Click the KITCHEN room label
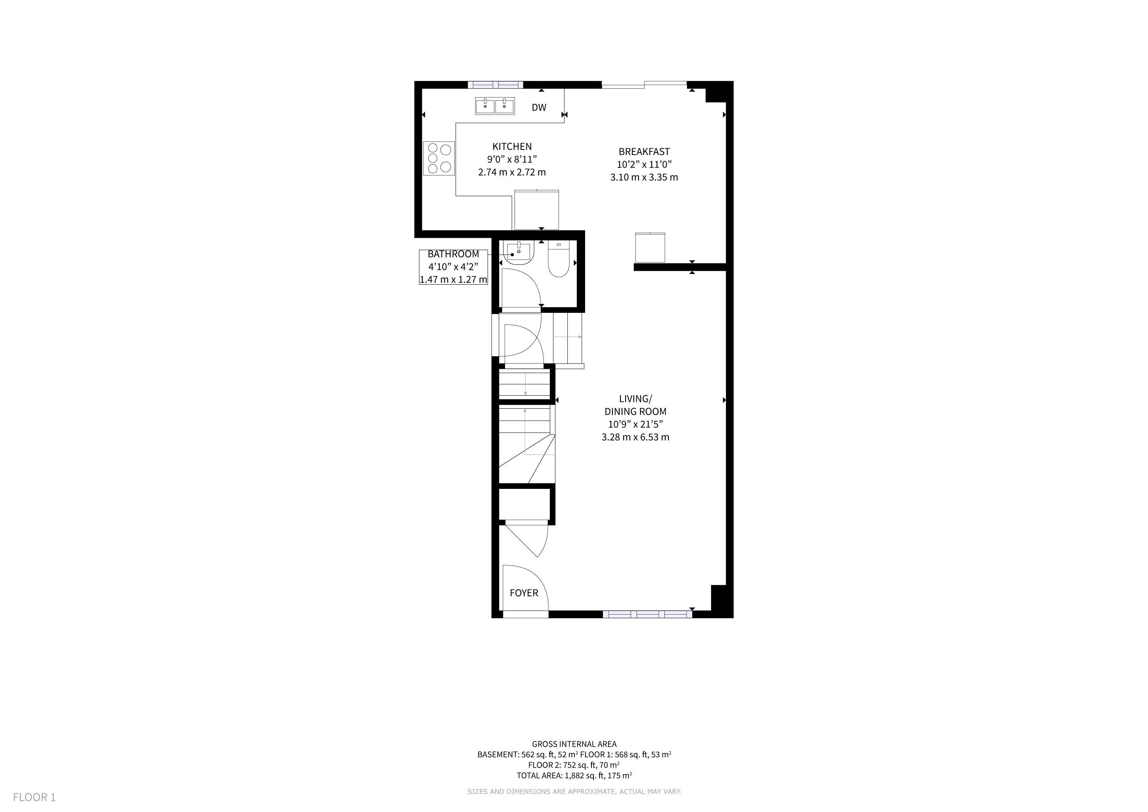(x=512, y=146)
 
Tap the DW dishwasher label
(x=539, y=107)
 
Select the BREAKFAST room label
(x=644, y=151)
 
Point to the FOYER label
(x=524, y=593)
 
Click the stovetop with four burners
(x=439, y=159)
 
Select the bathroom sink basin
(x=519, y=253)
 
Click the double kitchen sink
(x=495, y=106)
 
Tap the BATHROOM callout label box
(x=453, y=267)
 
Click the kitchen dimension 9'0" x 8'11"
(x=512, y=159)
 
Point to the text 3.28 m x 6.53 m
(x=635, y=437)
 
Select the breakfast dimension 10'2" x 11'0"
(x=644, y=165)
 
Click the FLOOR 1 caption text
(x=34, y=797)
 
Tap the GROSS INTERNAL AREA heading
(x=574, y=744)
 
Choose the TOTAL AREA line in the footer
(x=574, y=776)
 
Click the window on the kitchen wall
(x=496, y=84)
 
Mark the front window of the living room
(x=647, y=615)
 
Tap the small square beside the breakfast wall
(x=650, y=247)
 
